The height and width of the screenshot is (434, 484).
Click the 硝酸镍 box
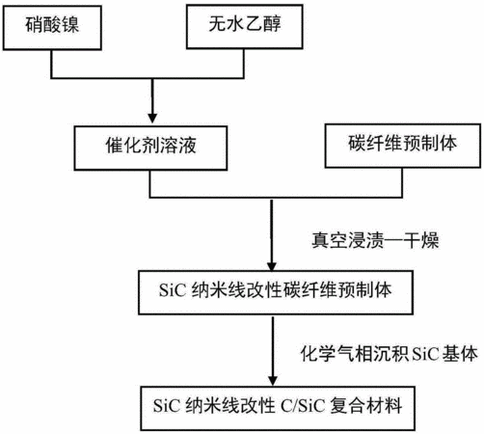[52, 28]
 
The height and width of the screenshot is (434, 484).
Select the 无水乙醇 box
[245, 27]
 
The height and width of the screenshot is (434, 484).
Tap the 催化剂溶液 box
[150, 148]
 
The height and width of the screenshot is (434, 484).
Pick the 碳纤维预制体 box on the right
[403, 146]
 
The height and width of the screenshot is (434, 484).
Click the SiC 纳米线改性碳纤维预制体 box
[276, 292]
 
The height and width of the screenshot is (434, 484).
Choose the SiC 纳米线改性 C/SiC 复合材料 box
[278, 408]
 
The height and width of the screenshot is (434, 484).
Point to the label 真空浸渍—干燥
[375, 240]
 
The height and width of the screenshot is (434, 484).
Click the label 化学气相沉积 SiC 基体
[390, 354]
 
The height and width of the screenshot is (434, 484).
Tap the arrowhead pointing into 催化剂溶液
[152, 119]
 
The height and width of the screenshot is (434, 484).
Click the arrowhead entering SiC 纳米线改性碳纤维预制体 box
[272, 265]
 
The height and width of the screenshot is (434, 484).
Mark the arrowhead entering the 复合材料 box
[273, 381]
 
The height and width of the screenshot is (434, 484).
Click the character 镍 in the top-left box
[70, 25]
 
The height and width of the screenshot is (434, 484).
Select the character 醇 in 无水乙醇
[272, 24]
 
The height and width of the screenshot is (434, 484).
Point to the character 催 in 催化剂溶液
[115, 145]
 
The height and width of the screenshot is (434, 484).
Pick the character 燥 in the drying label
[430, 240]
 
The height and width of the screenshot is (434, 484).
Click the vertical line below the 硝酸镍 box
[51, 64]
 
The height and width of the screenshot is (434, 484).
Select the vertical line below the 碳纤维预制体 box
[402, 182]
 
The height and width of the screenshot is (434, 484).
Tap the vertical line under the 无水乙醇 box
[244, 64]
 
